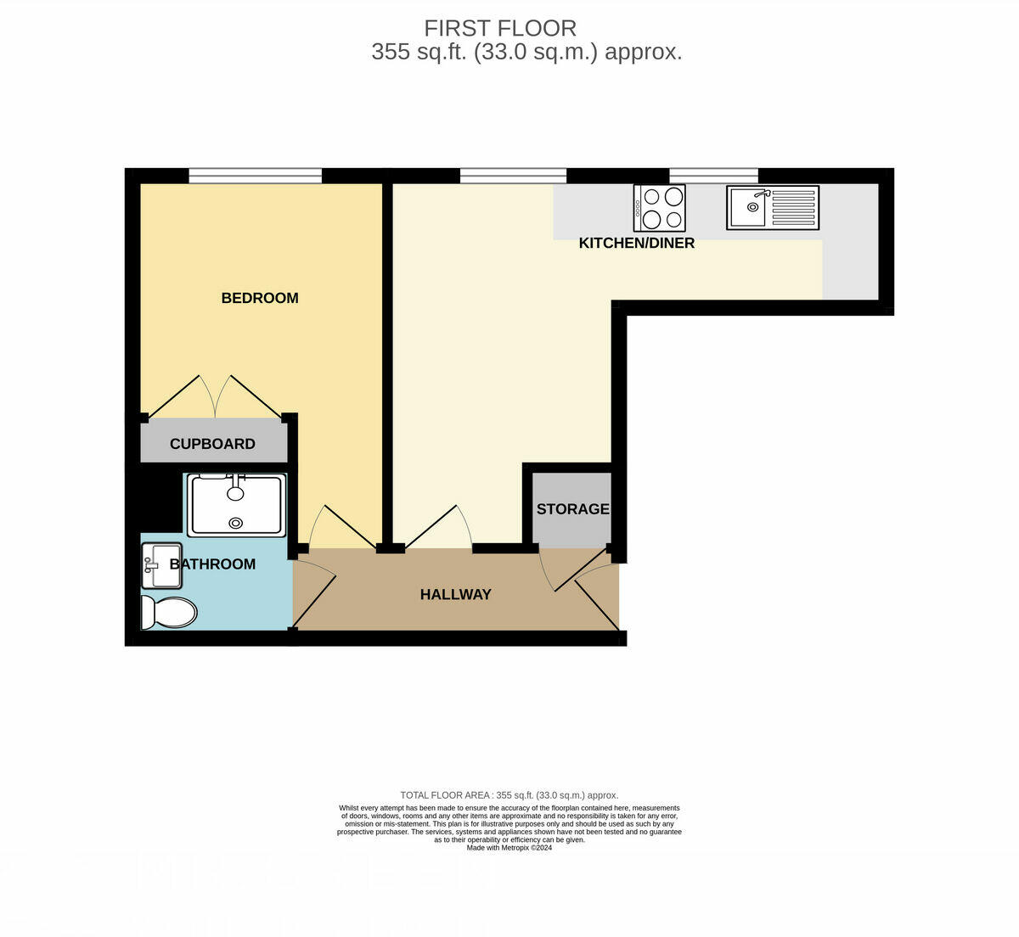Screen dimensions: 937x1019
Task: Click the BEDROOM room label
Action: coord(259,298)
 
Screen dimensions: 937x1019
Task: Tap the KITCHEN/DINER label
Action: coord(636,244)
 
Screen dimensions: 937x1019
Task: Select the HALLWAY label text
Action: coord(455,595)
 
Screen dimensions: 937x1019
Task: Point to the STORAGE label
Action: coord(572,509)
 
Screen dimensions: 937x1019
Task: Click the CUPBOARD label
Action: coord(212,444)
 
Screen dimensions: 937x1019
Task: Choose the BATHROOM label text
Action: coord(212,564)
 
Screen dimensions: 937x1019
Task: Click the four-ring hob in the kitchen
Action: coord(660,208)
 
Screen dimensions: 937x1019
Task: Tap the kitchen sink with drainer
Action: coord(772,208)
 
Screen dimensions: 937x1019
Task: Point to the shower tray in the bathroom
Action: coord(236,505)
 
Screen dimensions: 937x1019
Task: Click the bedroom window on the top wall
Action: coord(255,176)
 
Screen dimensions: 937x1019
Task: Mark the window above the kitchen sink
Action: coord(713,176)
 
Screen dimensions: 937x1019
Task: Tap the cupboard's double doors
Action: coord(214,397)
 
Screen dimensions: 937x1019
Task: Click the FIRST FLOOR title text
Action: coord(499,28)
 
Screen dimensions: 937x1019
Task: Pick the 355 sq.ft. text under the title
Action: coord(526,53)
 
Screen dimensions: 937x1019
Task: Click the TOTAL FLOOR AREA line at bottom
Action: coord(509,795)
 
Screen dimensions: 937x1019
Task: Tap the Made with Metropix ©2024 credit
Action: coord(509,848)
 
